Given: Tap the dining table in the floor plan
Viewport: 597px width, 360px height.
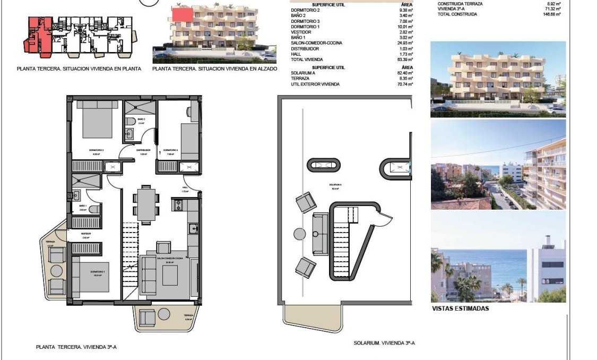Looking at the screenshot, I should click(145, 203).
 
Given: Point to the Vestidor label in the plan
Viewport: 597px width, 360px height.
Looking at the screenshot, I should click(85, 233).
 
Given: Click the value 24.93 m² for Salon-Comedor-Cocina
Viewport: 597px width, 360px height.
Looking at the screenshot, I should click(405, 42).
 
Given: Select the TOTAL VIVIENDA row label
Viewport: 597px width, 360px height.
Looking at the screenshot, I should click(307, 59).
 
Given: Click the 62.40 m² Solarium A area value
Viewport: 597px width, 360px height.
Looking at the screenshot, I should click(405, 73).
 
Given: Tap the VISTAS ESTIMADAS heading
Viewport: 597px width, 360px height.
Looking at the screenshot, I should click(460, 308).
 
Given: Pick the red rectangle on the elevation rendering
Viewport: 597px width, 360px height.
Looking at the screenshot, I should click(183, 15).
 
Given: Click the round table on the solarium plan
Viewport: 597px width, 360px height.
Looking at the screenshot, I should click(299, 234).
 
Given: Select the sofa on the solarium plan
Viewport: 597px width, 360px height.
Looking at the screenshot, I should click(321, 234).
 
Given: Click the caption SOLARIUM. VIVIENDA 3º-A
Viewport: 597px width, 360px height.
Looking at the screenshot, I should click(384, 343).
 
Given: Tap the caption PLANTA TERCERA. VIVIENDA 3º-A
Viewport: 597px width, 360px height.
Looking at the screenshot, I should click(76, 347).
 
